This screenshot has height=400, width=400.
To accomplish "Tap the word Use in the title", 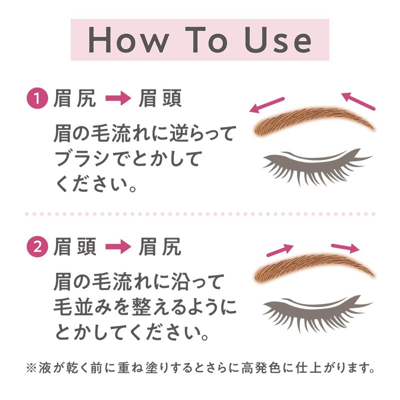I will [x=277, y=40].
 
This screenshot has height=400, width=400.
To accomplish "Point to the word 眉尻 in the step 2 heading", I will [x=160, y=247].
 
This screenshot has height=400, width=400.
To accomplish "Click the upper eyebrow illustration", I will [x=312, y=120].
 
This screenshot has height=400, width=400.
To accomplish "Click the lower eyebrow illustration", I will [x=312, y=267].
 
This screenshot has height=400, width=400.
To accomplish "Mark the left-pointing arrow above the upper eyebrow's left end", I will [x=267, y=104].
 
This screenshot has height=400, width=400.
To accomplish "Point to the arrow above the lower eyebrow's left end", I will [x=280, y=249].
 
